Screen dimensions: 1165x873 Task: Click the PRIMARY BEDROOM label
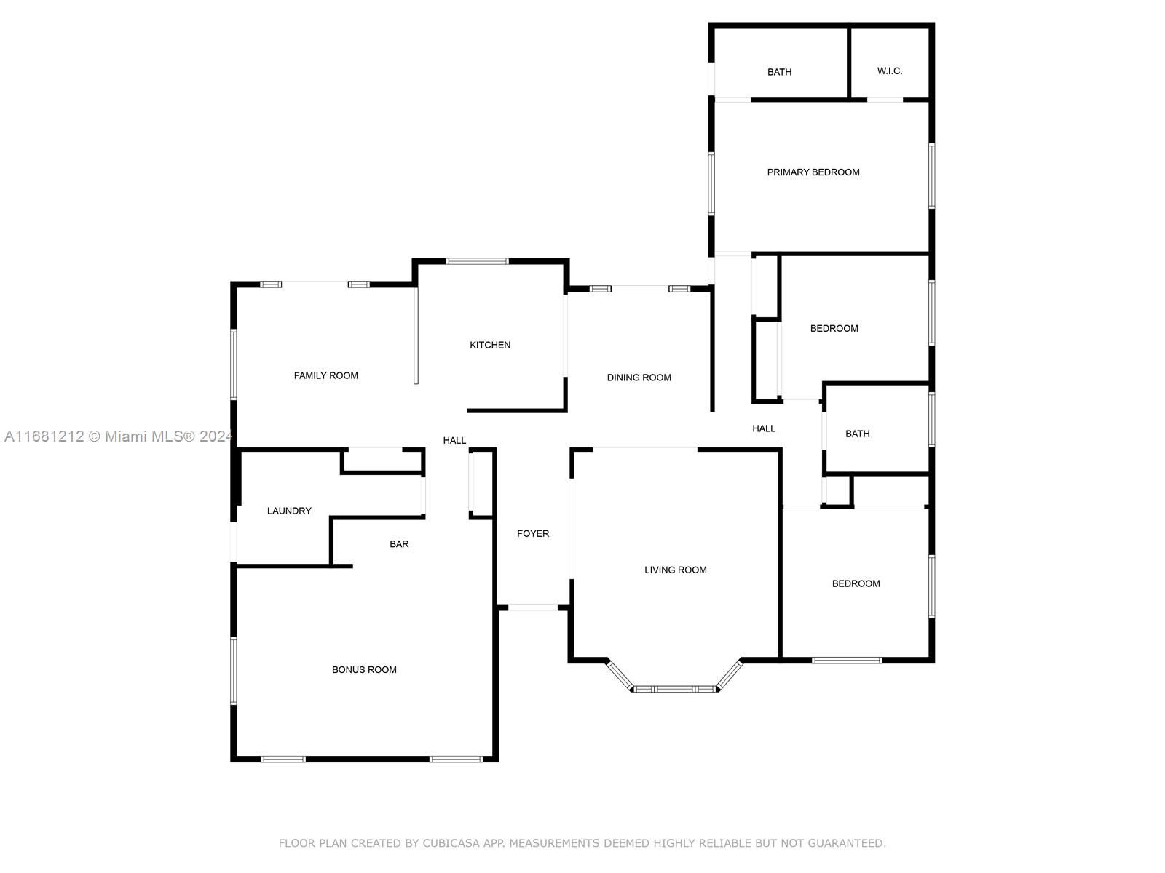(x=813, y=172)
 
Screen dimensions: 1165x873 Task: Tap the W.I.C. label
(x=889, y=71)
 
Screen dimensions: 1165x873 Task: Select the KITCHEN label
(x=489, y=345)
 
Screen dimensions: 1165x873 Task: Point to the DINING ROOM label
(x=639, y=378)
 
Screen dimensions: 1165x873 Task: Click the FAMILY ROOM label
(x=325, y=376)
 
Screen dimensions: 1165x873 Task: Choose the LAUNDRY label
(x=289, y=511)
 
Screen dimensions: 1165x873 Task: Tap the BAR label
(x=398, y=544)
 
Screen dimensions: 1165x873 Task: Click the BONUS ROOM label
(x=363, y=670)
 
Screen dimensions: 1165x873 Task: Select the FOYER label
(x=532, y=534)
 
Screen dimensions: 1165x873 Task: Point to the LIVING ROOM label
(x=675, y=570)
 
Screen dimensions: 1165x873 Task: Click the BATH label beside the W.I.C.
(x=779, y=72)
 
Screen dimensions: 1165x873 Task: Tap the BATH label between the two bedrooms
(x=857, y=434)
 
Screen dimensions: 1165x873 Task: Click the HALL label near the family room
(x=454, y=440)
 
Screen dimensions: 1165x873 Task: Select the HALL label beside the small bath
(x=763, y=428)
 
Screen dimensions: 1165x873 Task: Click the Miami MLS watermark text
(x=119, y=436)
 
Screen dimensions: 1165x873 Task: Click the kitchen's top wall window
(x=477, y=261)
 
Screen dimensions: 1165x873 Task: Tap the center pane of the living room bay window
(x=674, y=689)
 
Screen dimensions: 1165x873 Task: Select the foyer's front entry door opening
(x=532, y=607)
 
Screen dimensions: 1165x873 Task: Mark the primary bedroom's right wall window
(x=931, y=175)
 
